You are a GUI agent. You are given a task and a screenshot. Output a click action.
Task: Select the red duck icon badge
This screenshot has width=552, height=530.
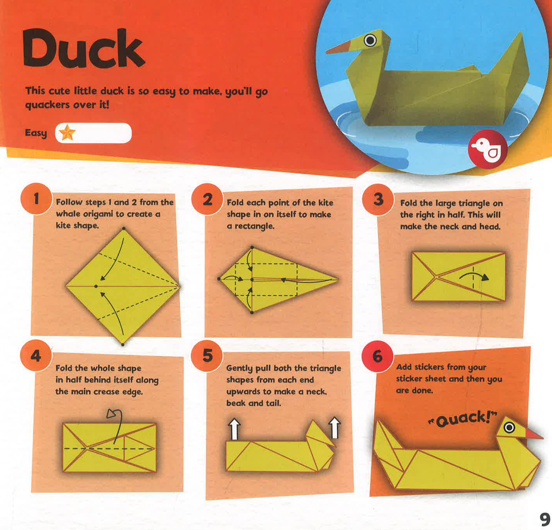(x=487, y=149)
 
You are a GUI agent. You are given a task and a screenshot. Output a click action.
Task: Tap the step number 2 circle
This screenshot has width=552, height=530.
(x=207, y=199)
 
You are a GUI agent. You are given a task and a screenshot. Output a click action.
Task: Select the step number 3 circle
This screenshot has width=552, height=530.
(x=378, y=200)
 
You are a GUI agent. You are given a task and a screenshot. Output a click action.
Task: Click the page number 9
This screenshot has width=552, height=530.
(x=545, y=519)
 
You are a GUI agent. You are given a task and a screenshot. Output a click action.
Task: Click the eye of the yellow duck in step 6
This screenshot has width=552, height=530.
(x=509, y=428)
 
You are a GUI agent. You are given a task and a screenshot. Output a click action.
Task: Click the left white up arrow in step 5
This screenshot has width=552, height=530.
(x=234, y=429)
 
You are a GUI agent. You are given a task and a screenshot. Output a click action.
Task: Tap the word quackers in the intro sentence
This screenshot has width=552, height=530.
(x=47, y=105)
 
